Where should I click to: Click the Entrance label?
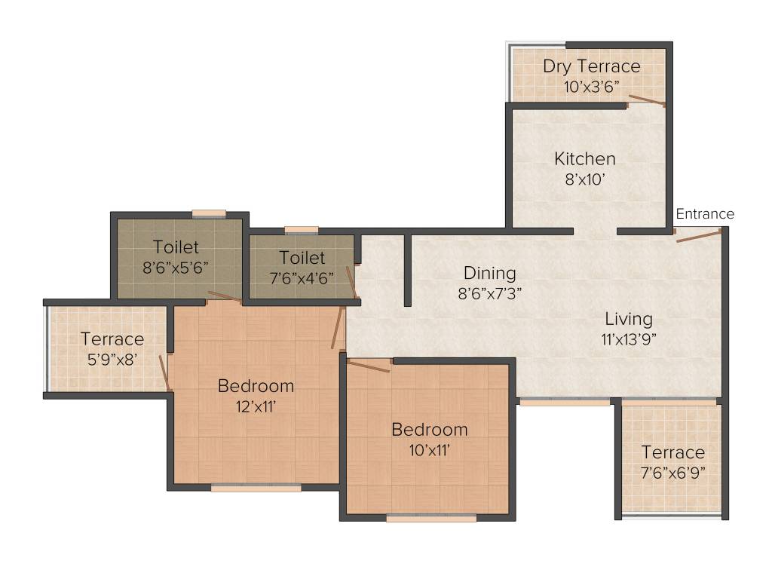click(x=704, y=214)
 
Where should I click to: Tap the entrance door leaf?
click(x=699, y=236)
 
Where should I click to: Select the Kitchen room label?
click(x=585, y=159)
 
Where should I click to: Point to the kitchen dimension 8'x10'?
click(x=585, y=179)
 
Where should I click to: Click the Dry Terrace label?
click(x=591, y=66)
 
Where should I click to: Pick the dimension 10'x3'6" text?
click(x=591, y=86)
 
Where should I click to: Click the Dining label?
click(x=489, y=273)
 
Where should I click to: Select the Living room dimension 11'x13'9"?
click(x=629, y=339)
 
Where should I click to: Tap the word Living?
click(x=626, y=319)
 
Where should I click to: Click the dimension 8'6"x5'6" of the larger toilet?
click(x=176, y=267)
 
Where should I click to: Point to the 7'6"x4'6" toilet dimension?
click(x=302, y=277)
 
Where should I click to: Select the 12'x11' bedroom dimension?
click(x=256, y=406)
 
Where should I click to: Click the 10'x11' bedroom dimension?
click(x=429, y=450)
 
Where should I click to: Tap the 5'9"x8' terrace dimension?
click(x=112, y=359)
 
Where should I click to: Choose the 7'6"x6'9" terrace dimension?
click(x=672, y=473)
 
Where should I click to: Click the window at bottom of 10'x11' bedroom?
click(x=431, y=518)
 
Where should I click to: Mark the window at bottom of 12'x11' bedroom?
click(x=256, y=488)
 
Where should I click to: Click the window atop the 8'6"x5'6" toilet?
click(x=209, y=213)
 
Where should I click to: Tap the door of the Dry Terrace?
click(x=647, y=101)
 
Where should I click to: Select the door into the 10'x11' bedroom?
click(x=369, y=366)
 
